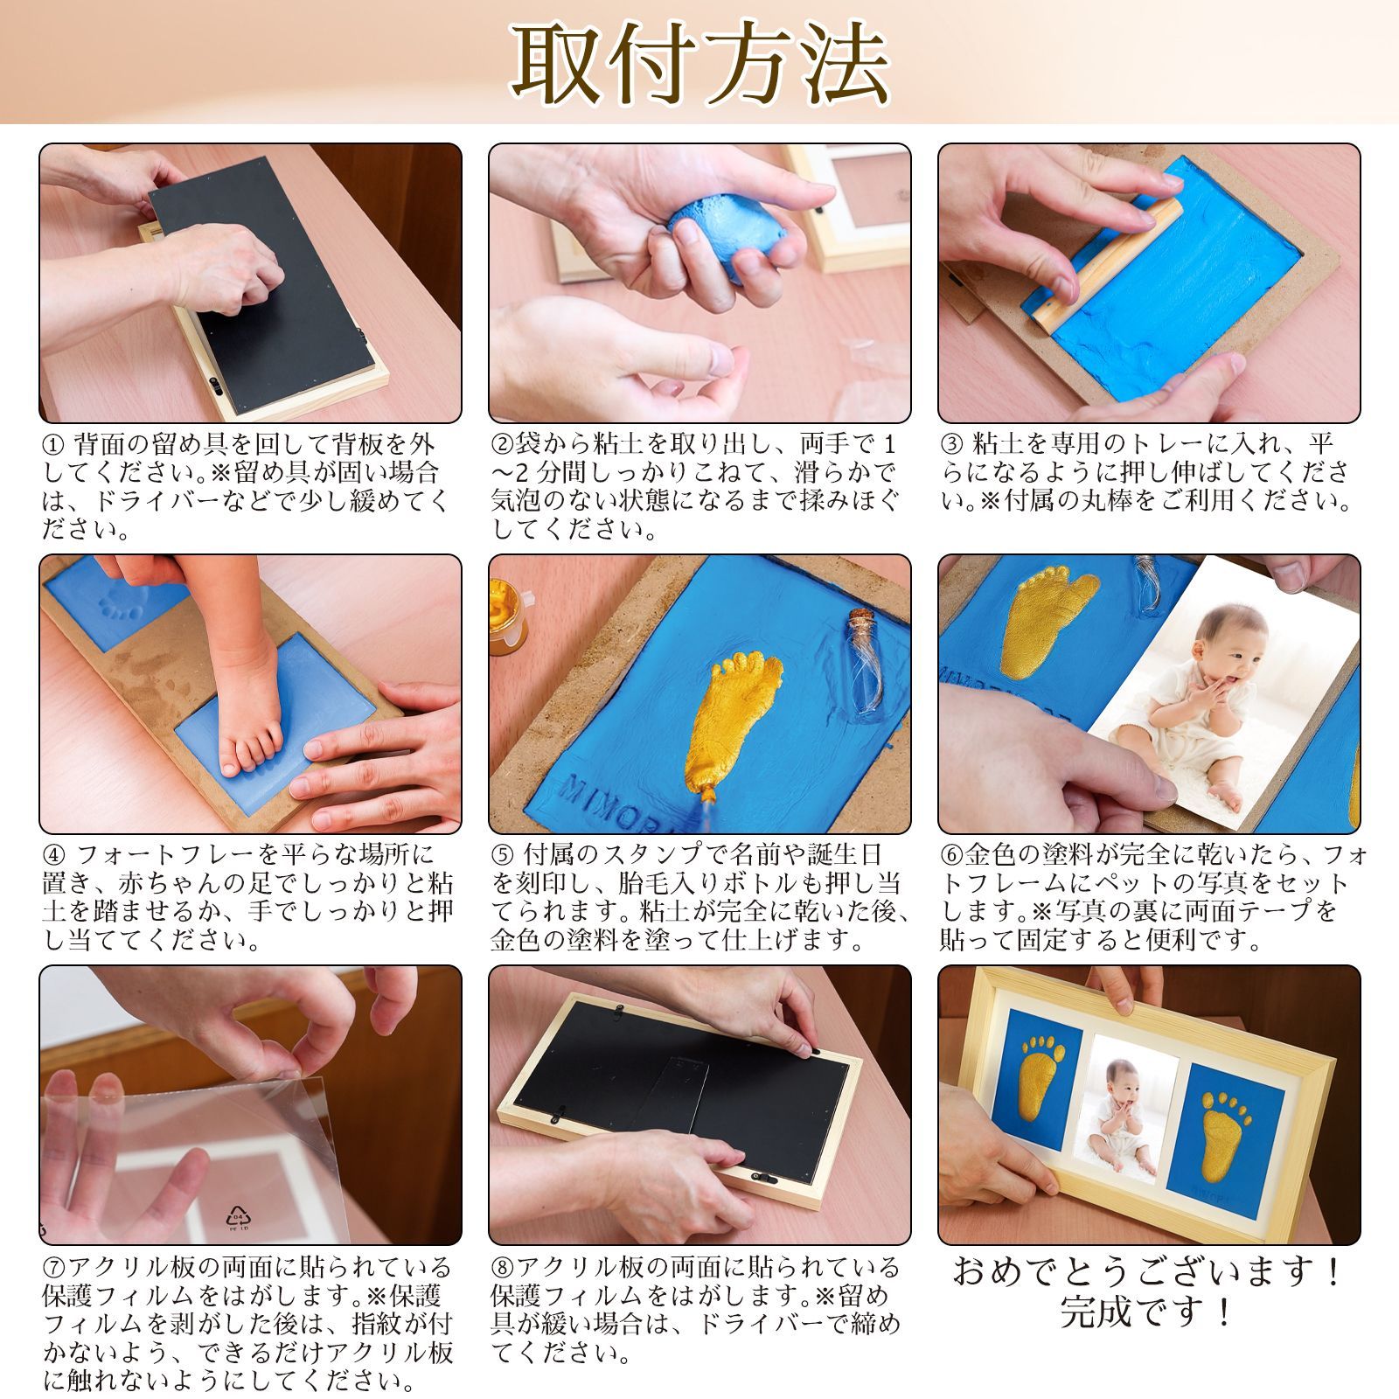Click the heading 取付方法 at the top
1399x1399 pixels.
pos(699,63)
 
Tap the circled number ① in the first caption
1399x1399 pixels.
pos(53,444)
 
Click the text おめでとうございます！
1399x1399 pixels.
pos(1148,1271)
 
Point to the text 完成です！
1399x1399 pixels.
pos(1148,1311)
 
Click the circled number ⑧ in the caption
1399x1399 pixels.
pos(504,1267)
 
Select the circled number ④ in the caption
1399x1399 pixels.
pos(53,855)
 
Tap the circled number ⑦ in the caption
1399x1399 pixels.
pos(53,1267)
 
